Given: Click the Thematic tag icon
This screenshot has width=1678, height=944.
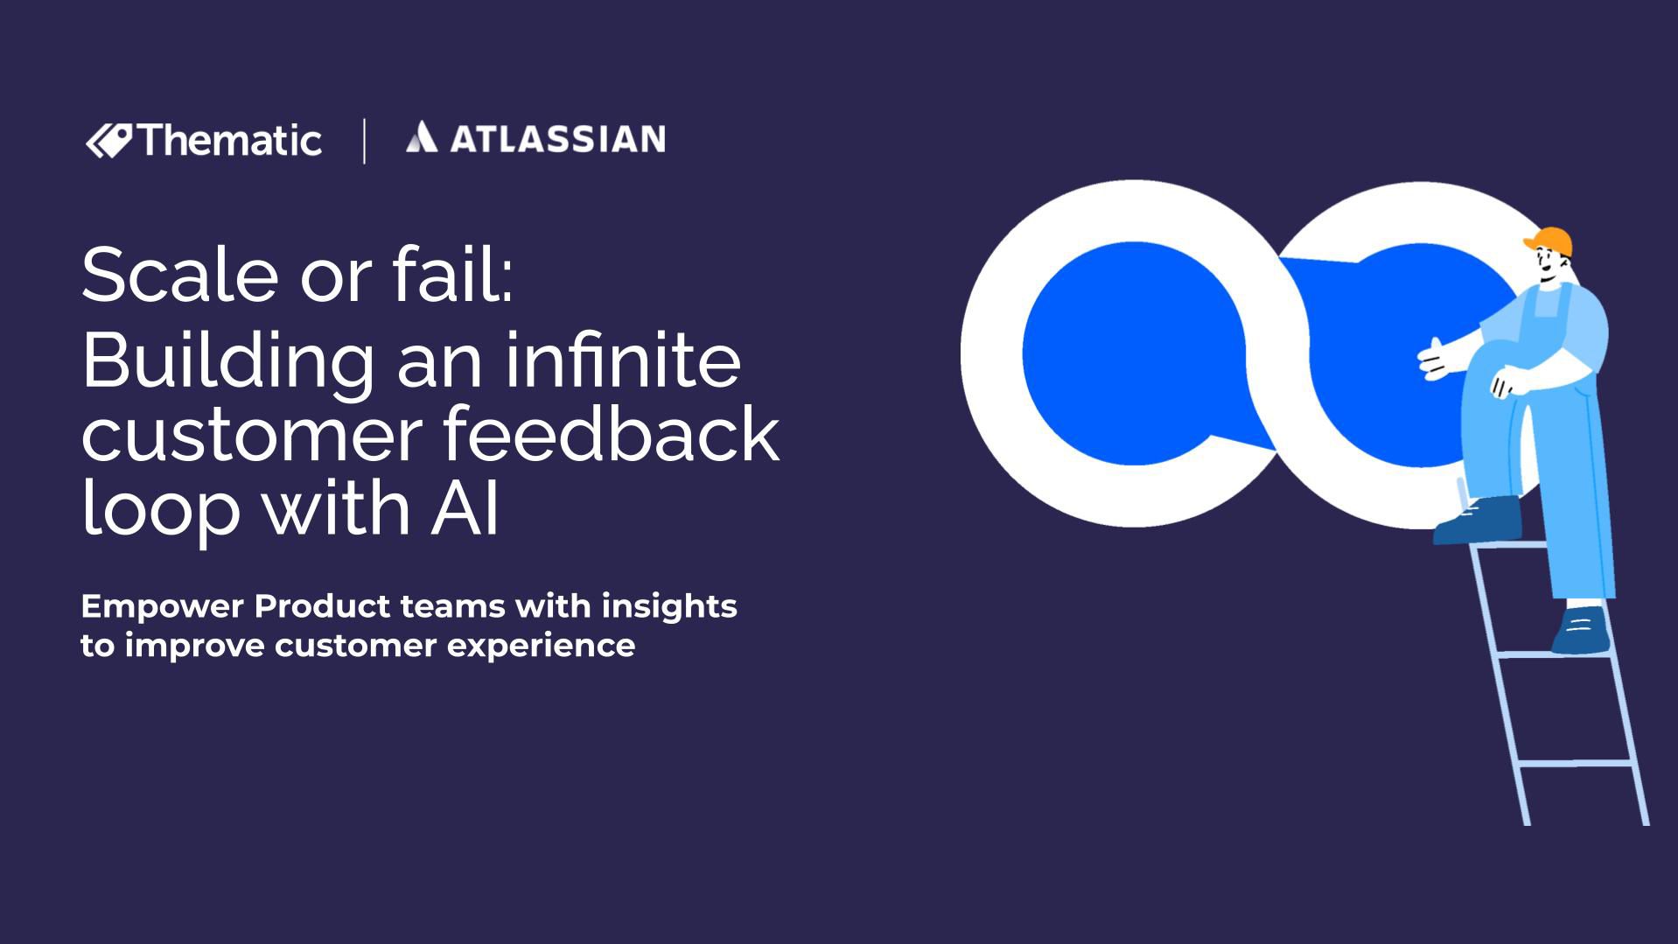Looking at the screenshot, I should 109,140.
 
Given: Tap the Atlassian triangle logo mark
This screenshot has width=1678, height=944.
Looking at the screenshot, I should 421,137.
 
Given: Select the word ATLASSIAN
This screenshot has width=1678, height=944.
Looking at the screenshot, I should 557,139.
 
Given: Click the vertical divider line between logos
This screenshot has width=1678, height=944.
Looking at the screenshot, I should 364,141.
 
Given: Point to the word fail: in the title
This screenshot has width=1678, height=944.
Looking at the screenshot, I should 452,275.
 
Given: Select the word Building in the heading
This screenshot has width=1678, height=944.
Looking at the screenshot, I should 228,361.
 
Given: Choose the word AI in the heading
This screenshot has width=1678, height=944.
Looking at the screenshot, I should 465,509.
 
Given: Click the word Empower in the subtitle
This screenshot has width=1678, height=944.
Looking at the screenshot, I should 161,606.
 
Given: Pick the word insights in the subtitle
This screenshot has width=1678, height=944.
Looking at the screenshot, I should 669,606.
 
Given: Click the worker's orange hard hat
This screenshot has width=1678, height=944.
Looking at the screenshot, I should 1550,241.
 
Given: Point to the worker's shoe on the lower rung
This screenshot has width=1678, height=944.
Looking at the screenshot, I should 1582,631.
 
